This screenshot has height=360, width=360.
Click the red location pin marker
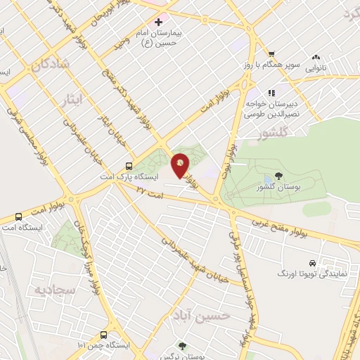coord(181,166)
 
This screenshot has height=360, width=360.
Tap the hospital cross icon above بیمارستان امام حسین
coord(160,22)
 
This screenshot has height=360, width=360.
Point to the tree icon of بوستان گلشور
coord(280,176)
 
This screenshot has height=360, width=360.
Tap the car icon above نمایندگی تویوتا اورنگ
coord(313,262)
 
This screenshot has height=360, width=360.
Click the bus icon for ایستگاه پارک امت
coord(127,167)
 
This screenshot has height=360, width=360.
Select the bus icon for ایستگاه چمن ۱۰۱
coord(103,335)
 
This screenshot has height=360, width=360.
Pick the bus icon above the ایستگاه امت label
coord(18,217)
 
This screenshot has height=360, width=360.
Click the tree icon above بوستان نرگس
coord(182,345)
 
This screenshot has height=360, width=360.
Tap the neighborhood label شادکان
coord(51,64)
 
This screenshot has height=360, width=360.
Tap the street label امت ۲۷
coord(149,191)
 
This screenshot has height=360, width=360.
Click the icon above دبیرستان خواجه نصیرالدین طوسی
coord(271,92)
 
